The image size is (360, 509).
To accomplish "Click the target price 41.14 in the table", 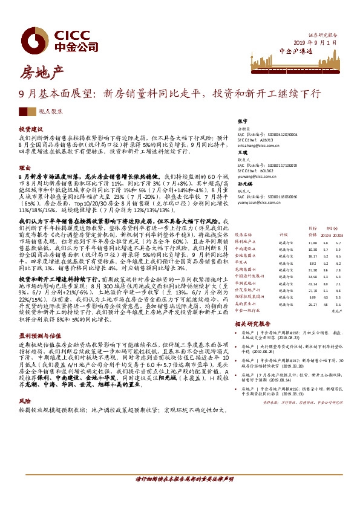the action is pos(312,284).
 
